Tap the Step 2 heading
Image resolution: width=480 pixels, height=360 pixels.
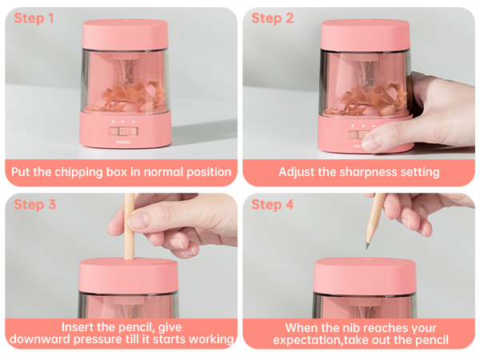(273, 18)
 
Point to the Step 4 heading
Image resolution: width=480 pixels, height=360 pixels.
(273, 205)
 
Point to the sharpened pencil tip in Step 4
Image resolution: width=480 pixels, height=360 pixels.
(368, 243)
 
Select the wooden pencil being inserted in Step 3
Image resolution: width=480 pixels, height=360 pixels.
(128, 228)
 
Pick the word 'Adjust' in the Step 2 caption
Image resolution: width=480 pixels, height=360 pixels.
(298, 172)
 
